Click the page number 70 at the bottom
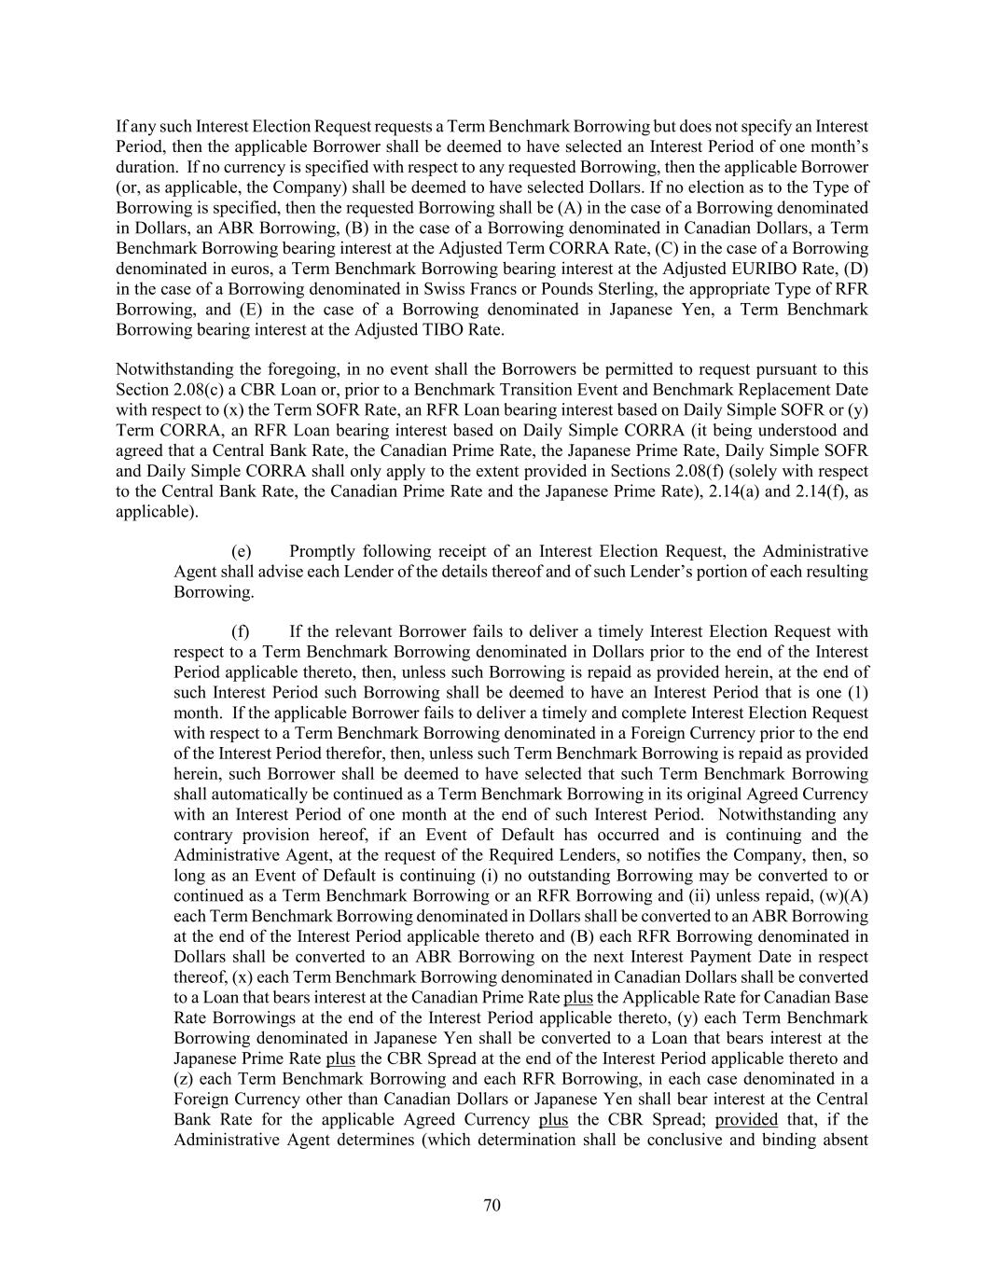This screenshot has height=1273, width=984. coord(492,1205)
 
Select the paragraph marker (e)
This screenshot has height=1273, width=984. coord(241,551)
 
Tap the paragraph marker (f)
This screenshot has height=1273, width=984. coord(240,631)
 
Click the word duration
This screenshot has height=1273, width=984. coord(145,167)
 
